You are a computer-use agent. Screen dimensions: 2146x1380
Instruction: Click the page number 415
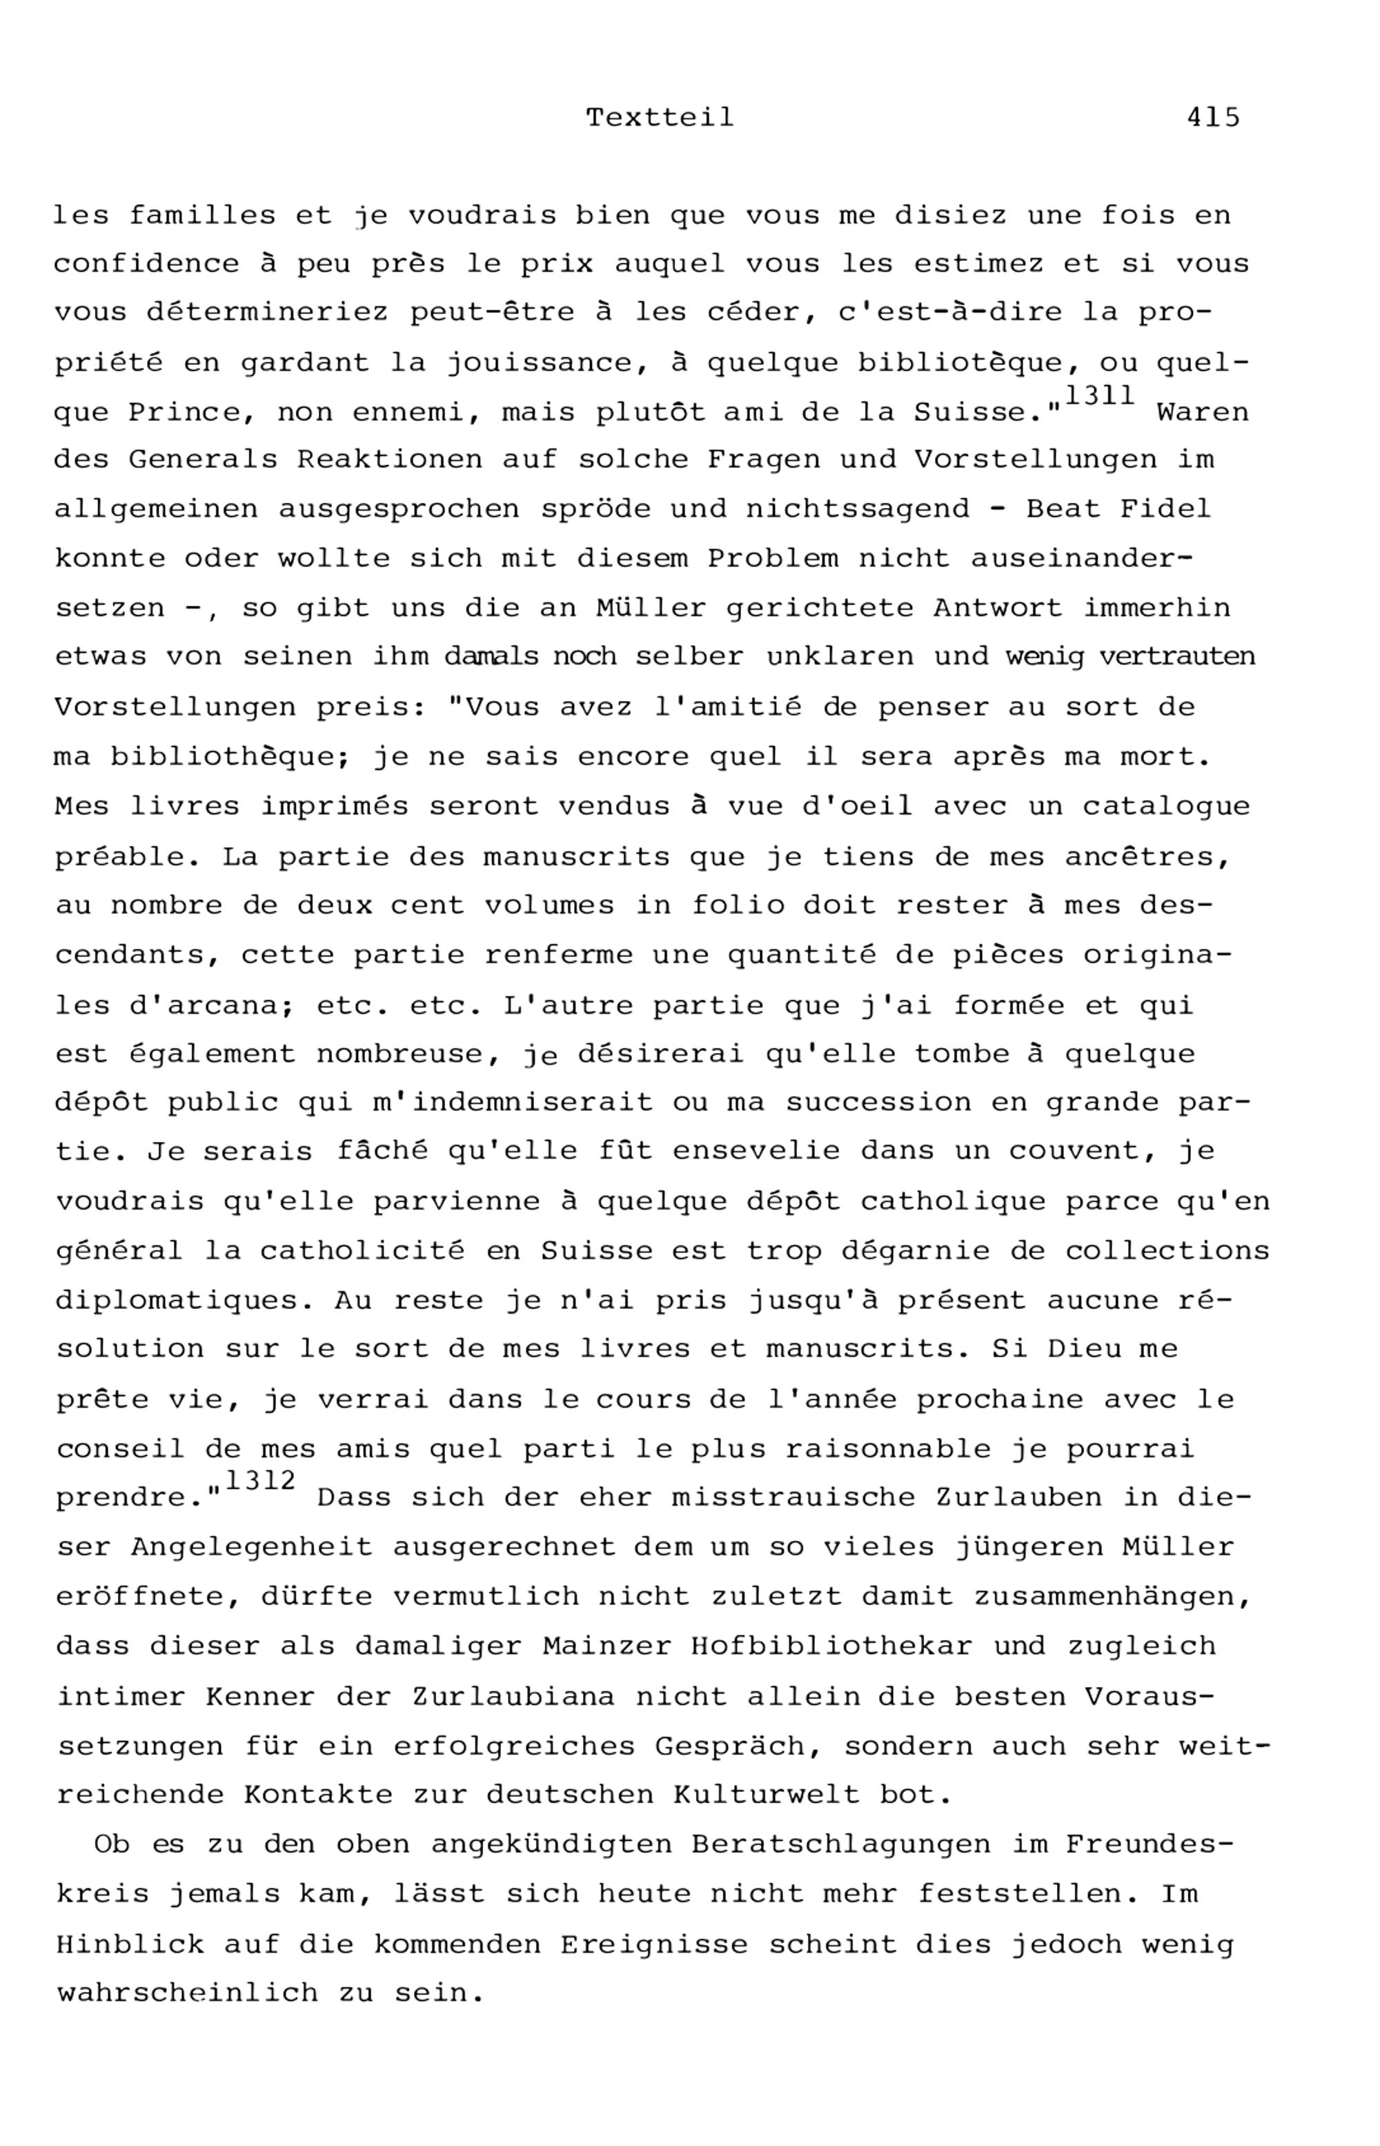(x=1213, y=117)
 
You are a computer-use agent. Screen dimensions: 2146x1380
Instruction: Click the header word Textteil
(x=660, y=117)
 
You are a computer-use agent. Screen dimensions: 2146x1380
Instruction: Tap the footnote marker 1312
(x=260, y=1481)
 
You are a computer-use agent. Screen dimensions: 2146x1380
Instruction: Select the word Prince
(x=185, y=413)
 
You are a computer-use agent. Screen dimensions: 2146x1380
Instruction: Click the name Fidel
(x=1165, y=509)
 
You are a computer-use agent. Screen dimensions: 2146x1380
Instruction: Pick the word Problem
(x=772, y=558)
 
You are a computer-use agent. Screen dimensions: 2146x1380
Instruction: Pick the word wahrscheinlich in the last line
(x=186, y=1994)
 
